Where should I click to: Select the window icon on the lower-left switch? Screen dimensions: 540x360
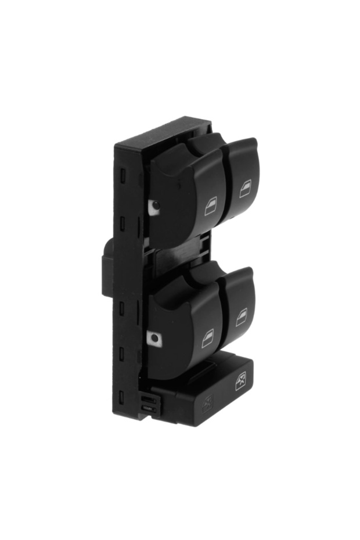[207, 339]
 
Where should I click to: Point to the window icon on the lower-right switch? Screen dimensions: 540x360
[241, 317]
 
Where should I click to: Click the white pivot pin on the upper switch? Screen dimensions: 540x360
[154, 206]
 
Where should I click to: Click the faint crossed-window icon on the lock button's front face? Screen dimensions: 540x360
[207, 404]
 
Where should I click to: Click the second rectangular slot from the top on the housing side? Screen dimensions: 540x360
[123, 222]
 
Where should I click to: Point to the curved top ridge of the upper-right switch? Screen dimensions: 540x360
[241, 143]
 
